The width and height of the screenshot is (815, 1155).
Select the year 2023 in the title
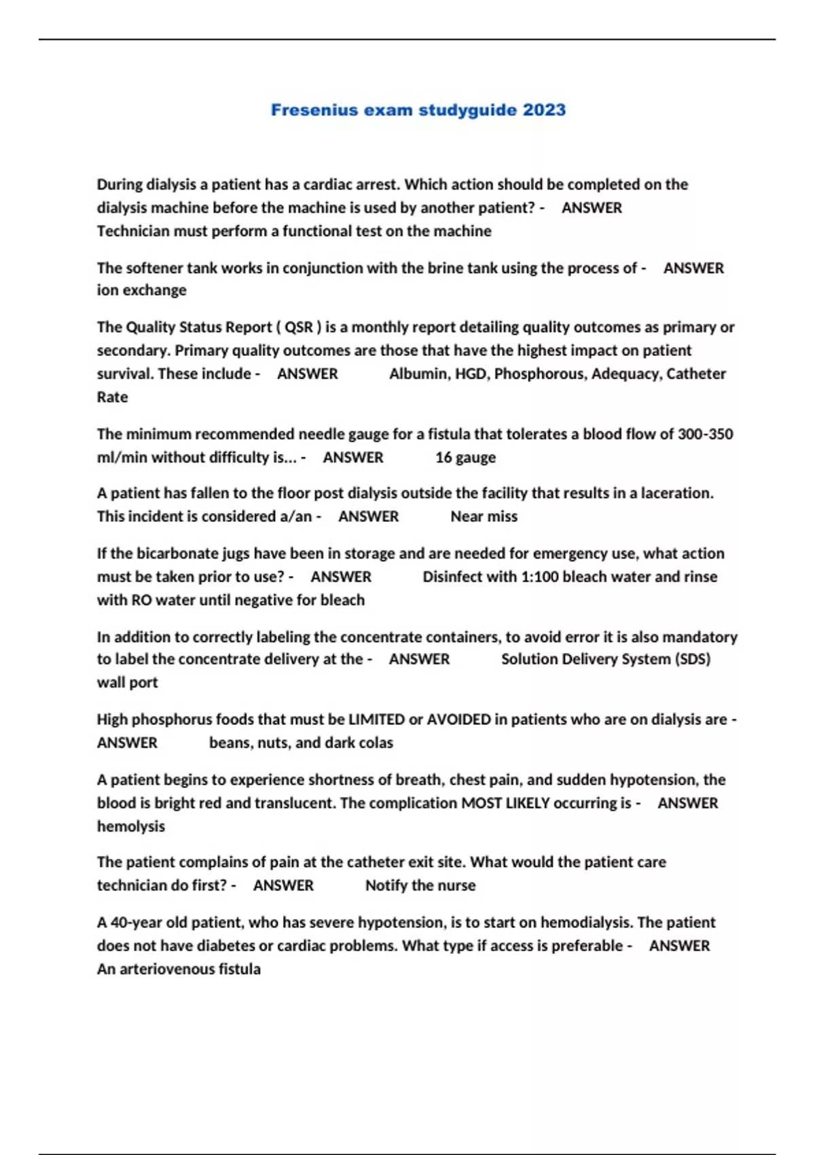click(x=544, y=110)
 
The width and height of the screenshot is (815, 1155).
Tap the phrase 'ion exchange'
click(x=141, y=290)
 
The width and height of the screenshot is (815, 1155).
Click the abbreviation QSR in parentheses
click(x=299, y=327)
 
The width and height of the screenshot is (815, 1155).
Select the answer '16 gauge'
click(x=465, y=457)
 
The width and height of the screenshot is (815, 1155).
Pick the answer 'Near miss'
click(x=484, y=516)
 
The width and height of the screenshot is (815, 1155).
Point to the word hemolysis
click(x=131, y=826)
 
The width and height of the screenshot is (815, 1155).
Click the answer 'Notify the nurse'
click(x=420, y=885)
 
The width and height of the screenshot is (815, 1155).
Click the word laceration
click(x=672, y=493)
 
